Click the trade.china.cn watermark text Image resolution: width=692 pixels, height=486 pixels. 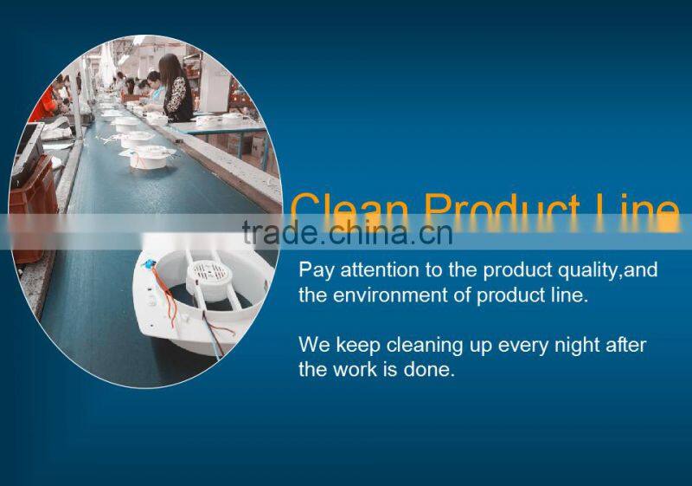pos(347,232)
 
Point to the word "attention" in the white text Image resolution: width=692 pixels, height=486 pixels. pos(376,270)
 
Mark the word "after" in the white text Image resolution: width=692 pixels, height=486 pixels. pos(625,346)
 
